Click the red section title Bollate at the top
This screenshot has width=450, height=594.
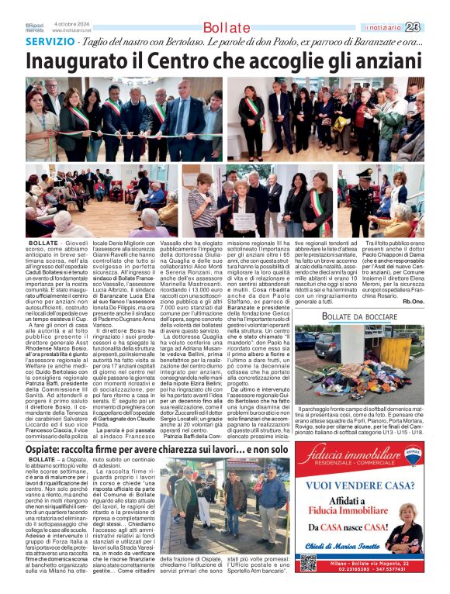226,28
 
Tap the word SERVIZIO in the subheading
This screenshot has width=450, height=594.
50,41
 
